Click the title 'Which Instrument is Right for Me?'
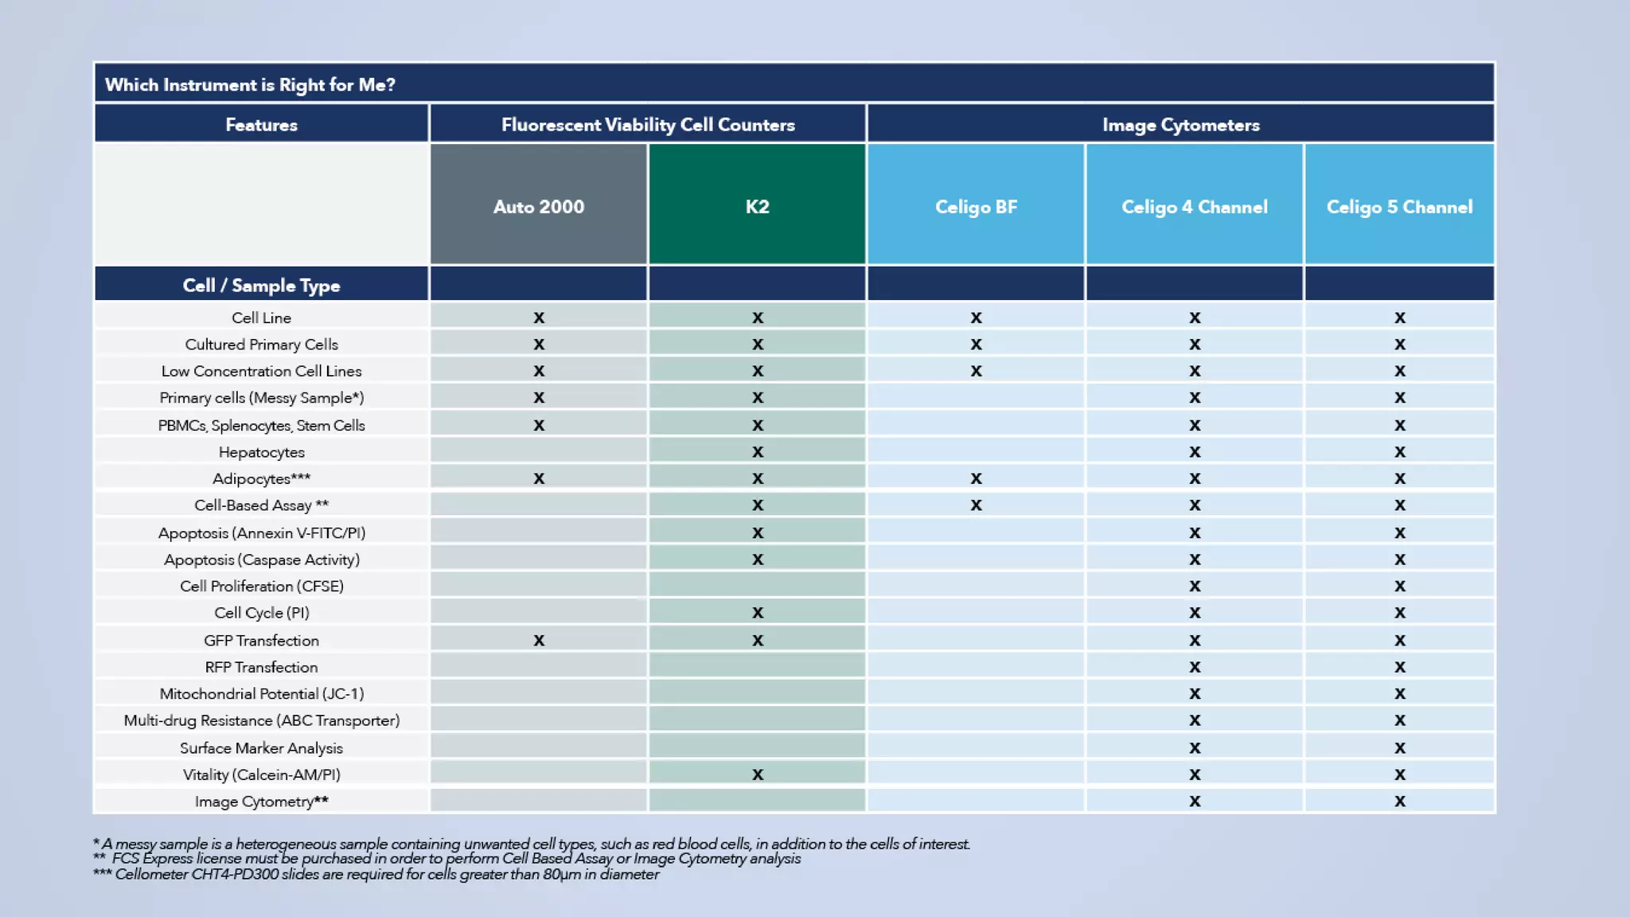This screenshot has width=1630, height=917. [250, 84]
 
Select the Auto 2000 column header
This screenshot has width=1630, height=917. [539, 206]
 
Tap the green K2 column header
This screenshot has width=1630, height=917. [757, 206]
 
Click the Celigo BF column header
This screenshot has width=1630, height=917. [976, 206]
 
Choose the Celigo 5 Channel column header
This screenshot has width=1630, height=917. [1399, 206]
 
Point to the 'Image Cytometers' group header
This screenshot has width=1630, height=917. [1180, 124]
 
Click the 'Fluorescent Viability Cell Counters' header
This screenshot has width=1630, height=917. [648, 124]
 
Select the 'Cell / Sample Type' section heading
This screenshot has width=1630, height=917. [261, 285]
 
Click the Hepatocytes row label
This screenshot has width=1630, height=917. [261, 452]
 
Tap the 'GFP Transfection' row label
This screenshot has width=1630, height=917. [261, 641]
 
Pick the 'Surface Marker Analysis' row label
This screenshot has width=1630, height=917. [261, 748]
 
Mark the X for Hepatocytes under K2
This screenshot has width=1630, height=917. [757, 452]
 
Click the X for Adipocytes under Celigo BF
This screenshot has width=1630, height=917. [976, 478]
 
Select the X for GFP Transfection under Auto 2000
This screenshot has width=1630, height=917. [539, 641]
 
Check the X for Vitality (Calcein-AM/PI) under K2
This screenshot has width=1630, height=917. [757, 775]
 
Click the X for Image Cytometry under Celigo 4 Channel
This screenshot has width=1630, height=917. [1194, 802]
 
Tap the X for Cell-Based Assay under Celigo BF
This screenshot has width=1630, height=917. [976, 505]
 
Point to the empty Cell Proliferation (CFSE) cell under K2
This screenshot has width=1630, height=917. [757, 586]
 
